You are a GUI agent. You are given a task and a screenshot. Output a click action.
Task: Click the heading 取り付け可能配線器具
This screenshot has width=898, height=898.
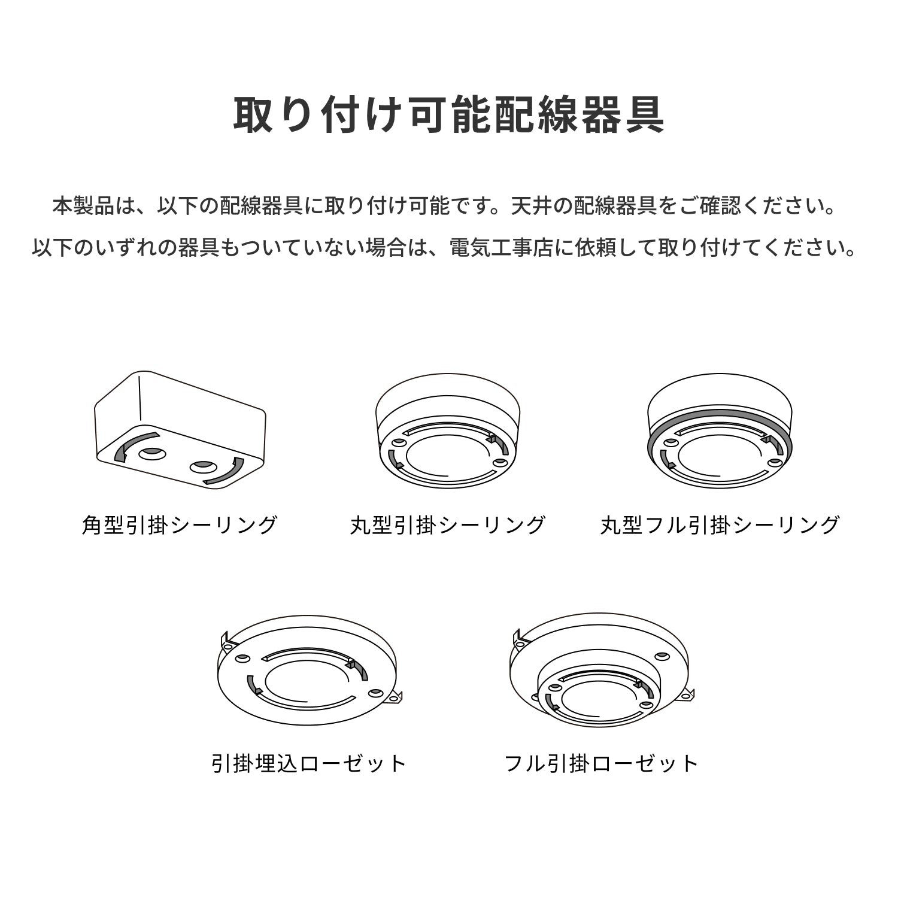click(448, 114)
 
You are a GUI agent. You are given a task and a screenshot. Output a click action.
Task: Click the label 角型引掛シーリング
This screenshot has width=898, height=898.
click(180, 525)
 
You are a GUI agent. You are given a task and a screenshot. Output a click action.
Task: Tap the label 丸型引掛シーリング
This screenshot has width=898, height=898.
click(448, 525)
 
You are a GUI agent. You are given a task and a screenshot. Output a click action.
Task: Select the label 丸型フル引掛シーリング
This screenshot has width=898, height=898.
click(720, 525)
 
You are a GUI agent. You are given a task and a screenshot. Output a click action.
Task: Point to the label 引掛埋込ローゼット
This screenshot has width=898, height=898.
click(309, 763)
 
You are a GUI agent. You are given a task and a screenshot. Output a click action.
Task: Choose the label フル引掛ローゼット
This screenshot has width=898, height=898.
click(601, 763)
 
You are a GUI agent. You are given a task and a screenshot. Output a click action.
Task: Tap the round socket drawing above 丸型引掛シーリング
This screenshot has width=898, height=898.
click(448, 431)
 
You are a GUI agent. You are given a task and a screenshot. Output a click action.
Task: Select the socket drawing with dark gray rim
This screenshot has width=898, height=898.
click(720, 431)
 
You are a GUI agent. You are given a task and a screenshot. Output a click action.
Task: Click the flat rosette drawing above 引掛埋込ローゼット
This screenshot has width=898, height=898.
click(308, 671)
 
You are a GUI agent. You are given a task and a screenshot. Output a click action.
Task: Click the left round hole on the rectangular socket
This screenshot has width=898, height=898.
click(151, 453)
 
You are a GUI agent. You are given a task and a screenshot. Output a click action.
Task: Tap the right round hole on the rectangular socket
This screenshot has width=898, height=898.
click(203, 466)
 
